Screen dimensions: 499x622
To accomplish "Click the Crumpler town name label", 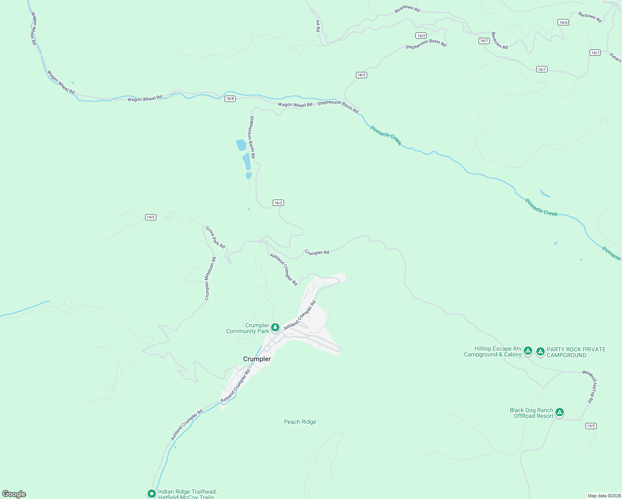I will pyautogui.click(x=257, y=359).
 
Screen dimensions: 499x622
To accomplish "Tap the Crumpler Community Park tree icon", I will pyautogui.click(x=275, y=328).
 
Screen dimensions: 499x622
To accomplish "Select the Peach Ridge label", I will pyautogui.click(x=300, y=422).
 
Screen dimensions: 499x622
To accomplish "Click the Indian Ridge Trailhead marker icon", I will pyautogui.click(x=152, y=494).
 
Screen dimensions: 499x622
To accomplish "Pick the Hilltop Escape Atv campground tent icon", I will pyautogui.click(x=528, y=351).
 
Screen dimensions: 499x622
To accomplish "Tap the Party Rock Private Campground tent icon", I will pyautogui.click(x=540, y=352).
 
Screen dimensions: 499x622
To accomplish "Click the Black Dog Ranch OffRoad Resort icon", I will pyautogui.click(x=560, y=413).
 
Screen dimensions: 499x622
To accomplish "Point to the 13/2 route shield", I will pyautogui.click(x=591, y=426).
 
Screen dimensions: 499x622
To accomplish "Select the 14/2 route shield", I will pyautogui.click(x=151, y=217).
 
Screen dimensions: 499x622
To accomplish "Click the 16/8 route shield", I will pyautogui.click(x=230, y=99).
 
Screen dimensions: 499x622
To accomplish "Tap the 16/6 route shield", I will pyautogui.click(x=563, y=22).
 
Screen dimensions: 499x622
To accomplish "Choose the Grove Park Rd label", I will pyautogui.click(x=215, y=237).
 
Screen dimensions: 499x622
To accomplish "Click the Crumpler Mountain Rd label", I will pyautogui.click(x=210, y=279).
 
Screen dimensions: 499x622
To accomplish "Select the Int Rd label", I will pyautogui.click(x=318, y=26).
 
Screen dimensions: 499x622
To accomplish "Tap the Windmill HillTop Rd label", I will pyautogui.click(x=591, y=386).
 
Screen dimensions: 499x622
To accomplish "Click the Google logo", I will pyautogui.click(x=14, y=494).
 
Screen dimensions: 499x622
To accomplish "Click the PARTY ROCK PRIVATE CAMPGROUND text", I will pyautogui.click(x=576, y=352).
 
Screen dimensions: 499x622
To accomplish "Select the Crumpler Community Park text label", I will pyautogui.click(x=248, y=328).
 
